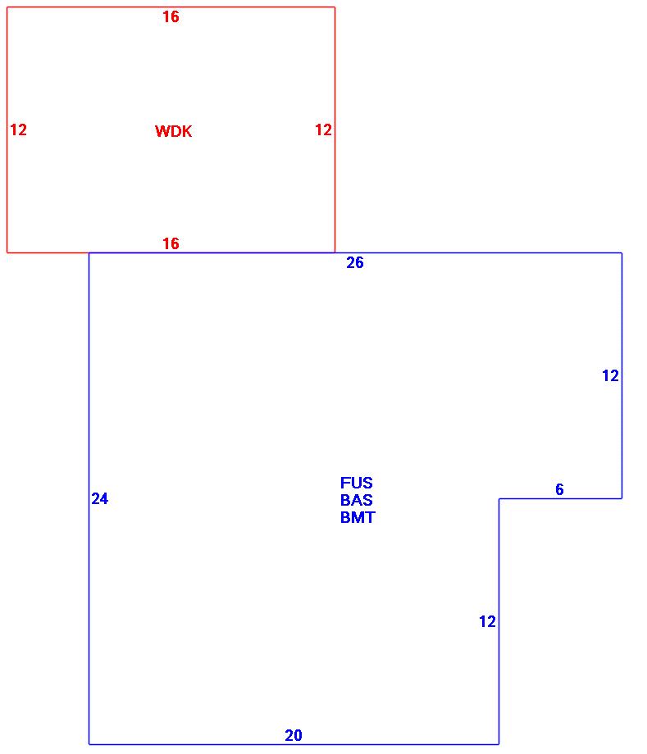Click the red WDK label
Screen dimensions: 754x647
[173, 131]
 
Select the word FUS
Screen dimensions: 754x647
[356, 483]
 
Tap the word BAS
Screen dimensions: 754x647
[357, 500]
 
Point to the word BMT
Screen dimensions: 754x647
[358, 517]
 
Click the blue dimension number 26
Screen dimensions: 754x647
[354, 263]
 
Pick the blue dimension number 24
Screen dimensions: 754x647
[99, 498]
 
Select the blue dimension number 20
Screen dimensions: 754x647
[293, 735]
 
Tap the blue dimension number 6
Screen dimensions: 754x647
[559, 489]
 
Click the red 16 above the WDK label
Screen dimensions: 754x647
[171, 16]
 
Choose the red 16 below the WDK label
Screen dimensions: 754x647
[171, 243]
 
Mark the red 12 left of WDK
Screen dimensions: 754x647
[18, 129]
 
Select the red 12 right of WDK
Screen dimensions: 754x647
[323, 129]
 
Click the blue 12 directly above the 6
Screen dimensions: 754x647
[610, 376]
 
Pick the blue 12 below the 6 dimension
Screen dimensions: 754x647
[487, 622]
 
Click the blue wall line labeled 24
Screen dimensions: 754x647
[89, 574]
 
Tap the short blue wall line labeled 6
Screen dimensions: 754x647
[574, 498]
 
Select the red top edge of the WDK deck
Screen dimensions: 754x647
[246, 7]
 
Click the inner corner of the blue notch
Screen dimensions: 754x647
[499, 498]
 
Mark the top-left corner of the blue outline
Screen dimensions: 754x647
[89, 253]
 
